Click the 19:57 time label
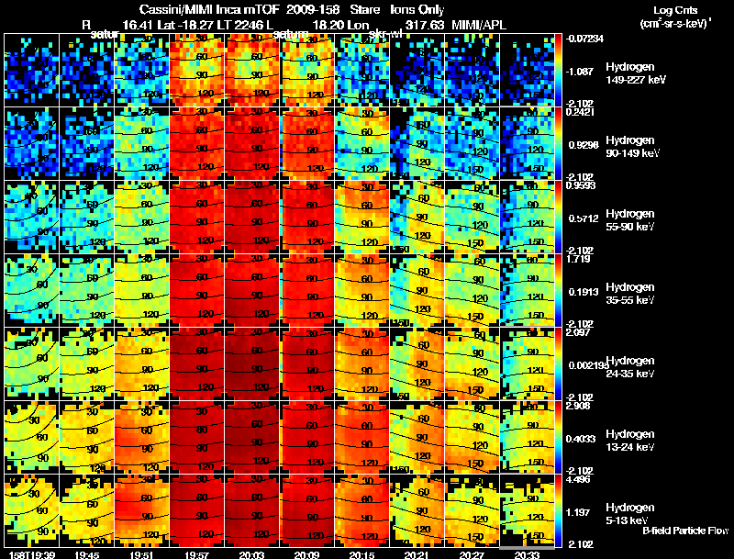(x=195, y=554)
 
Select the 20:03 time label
(x=250, y=554)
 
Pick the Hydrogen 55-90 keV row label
(x=629, y=219)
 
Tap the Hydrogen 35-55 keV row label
(x=629, y=293)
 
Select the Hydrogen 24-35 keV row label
(x=629, y=366)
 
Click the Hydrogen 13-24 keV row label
(x=629, y=440)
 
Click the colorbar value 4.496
(x=577, y=478)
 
